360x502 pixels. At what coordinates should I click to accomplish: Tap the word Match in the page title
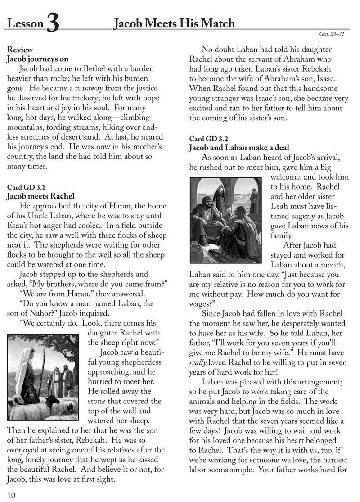tap(216, 23)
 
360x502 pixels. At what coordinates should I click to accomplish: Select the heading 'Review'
tap(20, 50)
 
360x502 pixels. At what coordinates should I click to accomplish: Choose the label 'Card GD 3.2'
tap(208, 138)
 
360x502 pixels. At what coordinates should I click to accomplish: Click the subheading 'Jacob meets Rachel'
tap(40, 196)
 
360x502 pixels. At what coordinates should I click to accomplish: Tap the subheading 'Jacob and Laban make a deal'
tap(239, 148)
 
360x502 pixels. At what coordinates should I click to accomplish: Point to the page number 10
tap(12, 495)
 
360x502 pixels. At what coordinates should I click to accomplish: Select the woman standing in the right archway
tap(255, 198)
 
